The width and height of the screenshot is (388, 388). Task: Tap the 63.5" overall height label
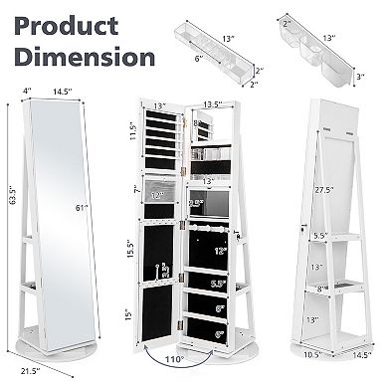tap(11, 227)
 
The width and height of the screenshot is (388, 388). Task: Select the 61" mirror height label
tap(81, 236)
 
